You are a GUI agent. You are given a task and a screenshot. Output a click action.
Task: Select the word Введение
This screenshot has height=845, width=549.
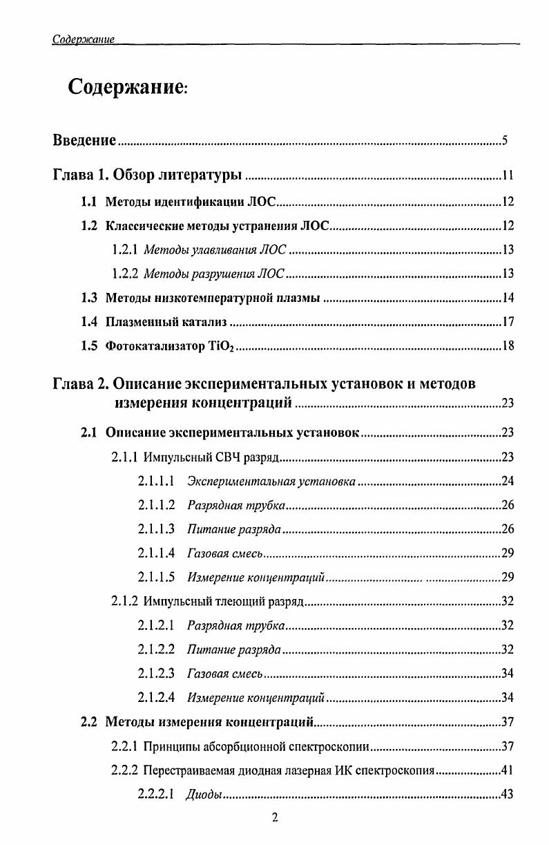click(84, 141)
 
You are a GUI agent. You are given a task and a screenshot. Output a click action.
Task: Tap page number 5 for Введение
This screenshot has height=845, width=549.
click(505, 142)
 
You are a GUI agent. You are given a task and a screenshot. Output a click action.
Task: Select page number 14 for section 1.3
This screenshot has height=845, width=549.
click(508, 298)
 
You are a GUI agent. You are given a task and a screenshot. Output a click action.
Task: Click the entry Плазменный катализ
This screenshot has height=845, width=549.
click(166, 322)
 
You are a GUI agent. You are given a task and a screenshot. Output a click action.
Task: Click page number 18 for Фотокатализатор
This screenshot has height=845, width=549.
click(508, 346)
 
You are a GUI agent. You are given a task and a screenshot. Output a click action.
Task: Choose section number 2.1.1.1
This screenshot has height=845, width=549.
click(155, 481)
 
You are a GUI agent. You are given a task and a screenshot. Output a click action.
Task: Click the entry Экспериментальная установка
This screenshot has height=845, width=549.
click(271, 481)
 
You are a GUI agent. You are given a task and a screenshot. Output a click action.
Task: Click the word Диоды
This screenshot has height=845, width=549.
click(204, 795)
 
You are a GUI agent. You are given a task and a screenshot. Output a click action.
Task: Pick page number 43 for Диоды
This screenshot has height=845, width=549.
click(508, 795)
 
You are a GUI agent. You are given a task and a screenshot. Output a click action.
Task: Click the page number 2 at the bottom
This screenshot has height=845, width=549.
click(275, 818)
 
